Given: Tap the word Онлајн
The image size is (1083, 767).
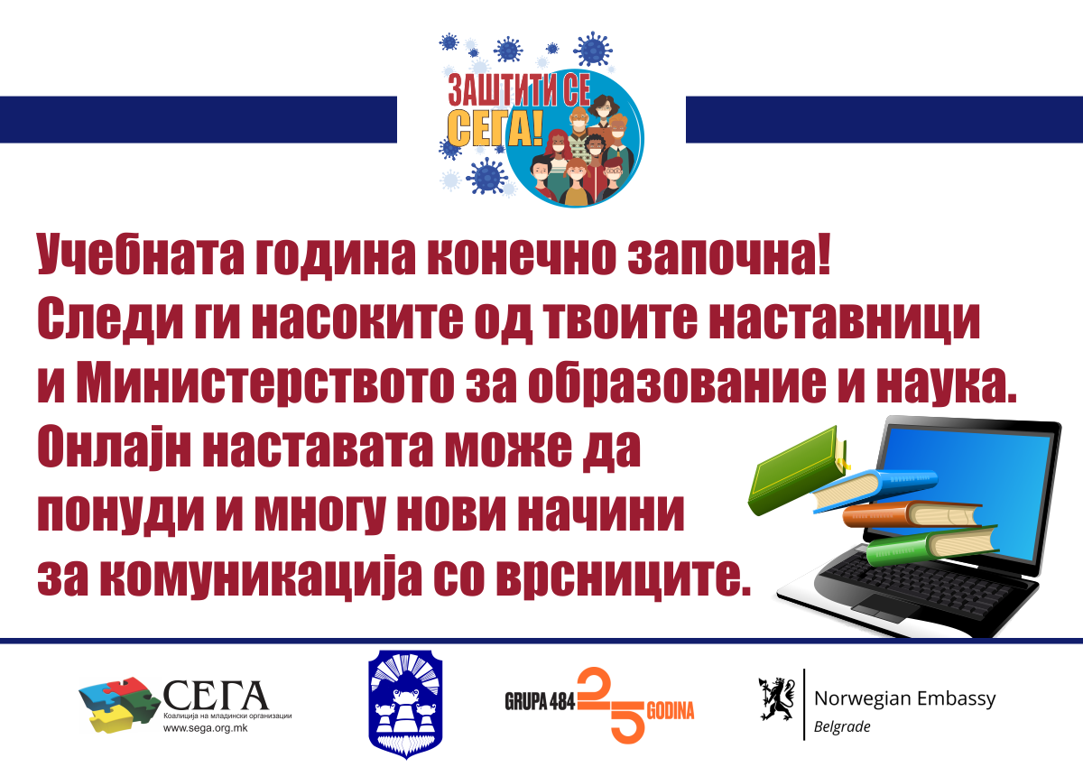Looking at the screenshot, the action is pos(114,446).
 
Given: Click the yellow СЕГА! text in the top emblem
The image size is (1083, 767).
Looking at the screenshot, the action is pos(495,129).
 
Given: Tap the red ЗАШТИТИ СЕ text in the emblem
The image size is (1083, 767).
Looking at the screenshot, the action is pos(519,89).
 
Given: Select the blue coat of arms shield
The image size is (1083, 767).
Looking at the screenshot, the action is pos(405,704).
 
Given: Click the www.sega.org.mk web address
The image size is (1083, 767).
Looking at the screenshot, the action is pos(205,728).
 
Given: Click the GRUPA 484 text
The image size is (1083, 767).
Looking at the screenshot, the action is pos(540,701).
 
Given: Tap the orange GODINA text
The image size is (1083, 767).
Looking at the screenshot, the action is pos(671,711).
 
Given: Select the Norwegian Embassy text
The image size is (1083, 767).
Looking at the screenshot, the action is pos(904,698).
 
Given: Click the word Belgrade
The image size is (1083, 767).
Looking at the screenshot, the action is pos(842,727).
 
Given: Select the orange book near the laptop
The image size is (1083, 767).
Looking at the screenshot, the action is pos(912,514).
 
